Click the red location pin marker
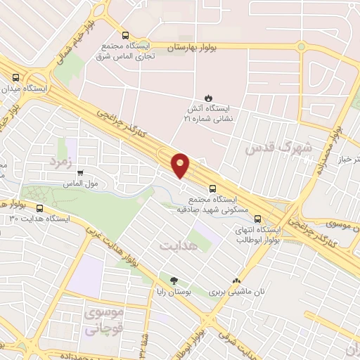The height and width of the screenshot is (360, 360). [x=181, y=165]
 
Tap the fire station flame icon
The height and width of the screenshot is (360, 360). [x=208, y=97]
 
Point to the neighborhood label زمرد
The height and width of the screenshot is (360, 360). [x=60, y=162]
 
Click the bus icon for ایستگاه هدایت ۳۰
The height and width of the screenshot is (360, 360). [x=39, y=208]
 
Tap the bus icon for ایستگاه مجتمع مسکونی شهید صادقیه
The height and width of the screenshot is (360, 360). [x=212, y=188]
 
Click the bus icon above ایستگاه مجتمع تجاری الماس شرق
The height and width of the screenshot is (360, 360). [x=125, y=35]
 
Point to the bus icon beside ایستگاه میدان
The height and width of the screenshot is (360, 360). [x=16, y=77]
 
